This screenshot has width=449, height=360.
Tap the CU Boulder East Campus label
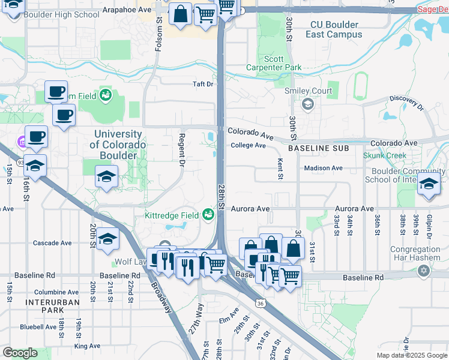(x=334, y=29)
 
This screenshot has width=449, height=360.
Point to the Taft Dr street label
(x=203, y=85)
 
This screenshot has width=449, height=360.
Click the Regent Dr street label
(x=180, y=146)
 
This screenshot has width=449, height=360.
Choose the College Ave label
(x=249, y=145)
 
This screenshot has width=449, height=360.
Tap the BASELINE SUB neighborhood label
(x=318, y=148)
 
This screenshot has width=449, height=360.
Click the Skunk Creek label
(x=385, y=155)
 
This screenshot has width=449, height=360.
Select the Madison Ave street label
(x=323, y=168)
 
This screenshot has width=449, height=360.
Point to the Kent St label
(x=280, y=169)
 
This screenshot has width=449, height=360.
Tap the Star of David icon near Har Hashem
(x=424, y=271)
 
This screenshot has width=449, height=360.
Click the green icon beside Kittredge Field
(x=208, y=214)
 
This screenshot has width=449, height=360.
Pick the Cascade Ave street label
(x=52, y=244)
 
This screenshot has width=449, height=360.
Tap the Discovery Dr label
(x=407, y=103)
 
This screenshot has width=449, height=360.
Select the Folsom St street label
(x=159, y=35)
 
